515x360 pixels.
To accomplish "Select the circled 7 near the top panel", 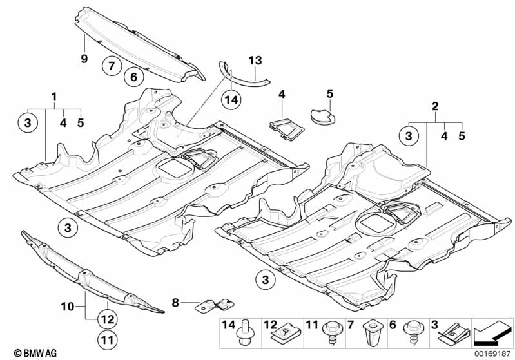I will click(110, 65).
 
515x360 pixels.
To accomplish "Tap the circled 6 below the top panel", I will click(133, 77).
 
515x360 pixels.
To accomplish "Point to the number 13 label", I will click(255, 61).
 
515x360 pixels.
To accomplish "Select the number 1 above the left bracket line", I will click(55, 97).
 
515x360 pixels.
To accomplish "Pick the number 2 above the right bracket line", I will click(435, 106).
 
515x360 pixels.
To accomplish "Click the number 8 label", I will click(175, 301).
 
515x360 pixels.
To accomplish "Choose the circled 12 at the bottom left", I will click(108, 317).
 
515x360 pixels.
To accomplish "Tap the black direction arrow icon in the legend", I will click(491, 334).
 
